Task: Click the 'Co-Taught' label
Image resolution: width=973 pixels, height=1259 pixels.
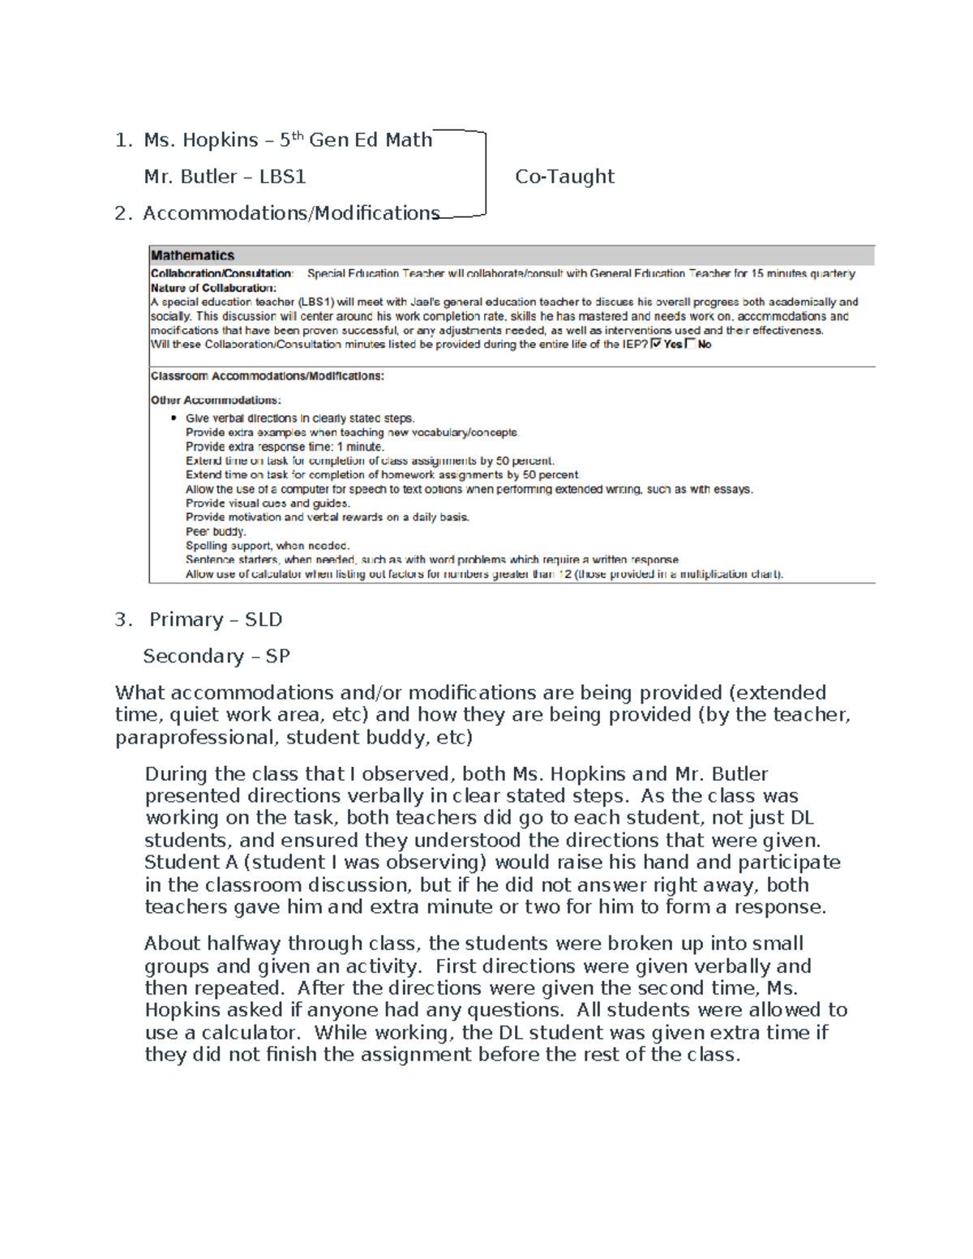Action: [x=564, y=177]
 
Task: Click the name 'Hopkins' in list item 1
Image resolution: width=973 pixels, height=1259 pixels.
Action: [x=220, y=140]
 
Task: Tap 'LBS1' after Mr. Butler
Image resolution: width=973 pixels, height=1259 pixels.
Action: [x=282, y=177]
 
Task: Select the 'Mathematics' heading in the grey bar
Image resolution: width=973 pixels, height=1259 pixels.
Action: [x=192, y=255]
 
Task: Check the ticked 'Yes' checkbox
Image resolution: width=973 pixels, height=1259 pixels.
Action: [x=656, y=344]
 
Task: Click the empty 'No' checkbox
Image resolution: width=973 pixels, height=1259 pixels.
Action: [x=690, y=344]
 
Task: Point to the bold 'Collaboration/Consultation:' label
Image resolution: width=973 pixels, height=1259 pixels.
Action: [x=221, y=274]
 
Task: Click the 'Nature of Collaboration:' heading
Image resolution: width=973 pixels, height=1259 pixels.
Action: [x=213, y=288]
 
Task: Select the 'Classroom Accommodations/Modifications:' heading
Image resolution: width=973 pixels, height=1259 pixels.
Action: [x=268, y=376]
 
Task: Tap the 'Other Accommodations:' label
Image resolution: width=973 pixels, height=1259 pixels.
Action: [x=216, y=400]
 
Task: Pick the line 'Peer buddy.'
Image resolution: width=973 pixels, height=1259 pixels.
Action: [x=215, y=532]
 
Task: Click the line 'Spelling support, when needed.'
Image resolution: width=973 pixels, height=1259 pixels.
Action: [x=268, y=546]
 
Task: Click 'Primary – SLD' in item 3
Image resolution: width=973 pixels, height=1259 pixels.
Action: [x=216, y=619]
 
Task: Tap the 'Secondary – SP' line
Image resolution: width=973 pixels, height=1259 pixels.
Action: [x=216, y=656]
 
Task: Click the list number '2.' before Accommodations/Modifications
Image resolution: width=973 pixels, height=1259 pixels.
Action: [x=122, y=213]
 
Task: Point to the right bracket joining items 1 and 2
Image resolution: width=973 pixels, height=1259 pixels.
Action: [x=485, y=174]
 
